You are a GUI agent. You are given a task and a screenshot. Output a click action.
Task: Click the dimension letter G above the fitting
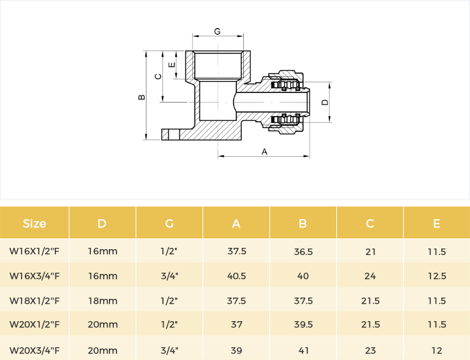click(x=217, y=31)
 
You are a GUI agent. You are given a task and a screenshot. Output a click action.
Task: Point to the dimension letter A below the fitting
click(x=264, y=152)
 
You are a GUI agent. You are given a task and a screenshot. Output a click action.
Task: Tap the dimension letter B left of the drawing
click(x=141, y=97)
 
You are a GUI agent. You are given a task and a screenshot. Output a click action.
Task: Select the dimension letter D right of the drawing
click(x=325, y=103)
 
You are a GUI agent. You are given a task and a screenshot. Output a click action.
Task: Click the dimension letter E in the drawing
click(x=172, y=65)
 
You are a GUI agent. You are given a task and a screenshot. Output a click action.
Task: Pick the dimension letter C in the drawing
click(x=158, y=76)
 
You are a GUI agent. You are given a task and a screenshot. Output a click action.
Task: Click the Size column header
click(x=34, y=224)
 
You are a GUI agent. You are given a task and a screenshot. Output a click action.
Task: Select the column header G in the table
click(x=169, y=224)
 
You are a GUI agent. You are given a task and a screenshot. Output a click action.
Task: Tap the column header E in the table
click(x=436, y=224)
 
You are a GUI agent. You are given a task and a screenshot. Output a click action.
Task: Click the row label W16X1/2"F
click(x=34, y=251)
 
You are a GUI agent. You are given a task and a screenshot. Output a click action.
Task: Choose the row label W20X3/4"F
click(x=34, y=350)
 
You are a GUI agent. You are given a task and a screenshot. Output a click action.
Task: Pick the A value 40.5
click(x=236, y=276)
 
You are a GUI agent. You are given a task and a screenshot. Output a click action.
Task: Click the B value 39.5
click(x=303, y=324)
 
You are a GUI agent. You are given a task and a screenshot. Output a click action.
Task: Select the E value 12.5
click(x=437, y=276)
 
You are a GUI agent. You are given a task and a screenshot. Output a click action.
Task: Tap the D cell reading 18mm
click(x=103, y=301)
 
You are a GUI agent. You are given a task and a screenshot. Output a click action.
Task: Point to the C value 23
click(x=370, y=350)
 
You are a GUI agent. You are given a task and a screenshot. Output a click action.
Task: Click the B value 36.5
click(x=303, y=252)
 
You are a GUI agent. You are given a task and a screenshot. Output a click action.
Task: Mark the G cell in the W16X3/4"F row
click(x=169, y=276)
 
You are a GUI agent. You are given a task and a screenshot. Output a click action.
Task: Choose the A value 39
click(x=236, y=350)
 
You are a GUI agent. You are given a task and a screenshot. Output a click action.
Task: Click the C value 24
click(x=370, y=276)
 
